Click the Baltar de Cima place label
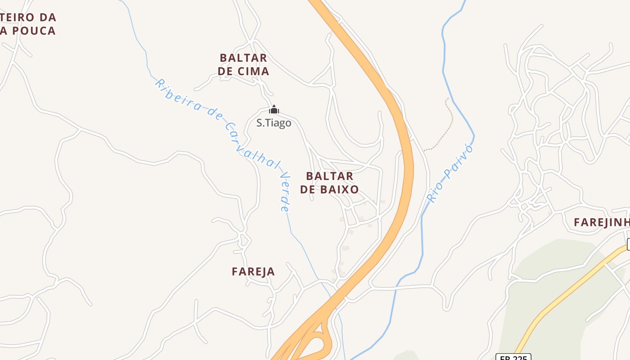(x=243, y=64)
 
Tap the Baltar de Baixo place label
(x=329, y=182)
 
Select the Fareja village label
(x=253, y=271)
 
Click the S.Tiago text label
(x=274, y=123)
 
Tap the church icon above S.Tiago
(x=274, y=109)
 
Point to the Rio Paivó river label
(x=450, y=173)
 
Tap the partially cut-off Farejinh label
(x=601, y=222)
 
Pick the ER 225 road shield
(x=513, y=357)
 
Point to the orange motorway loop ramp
(x=320, y=344)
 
